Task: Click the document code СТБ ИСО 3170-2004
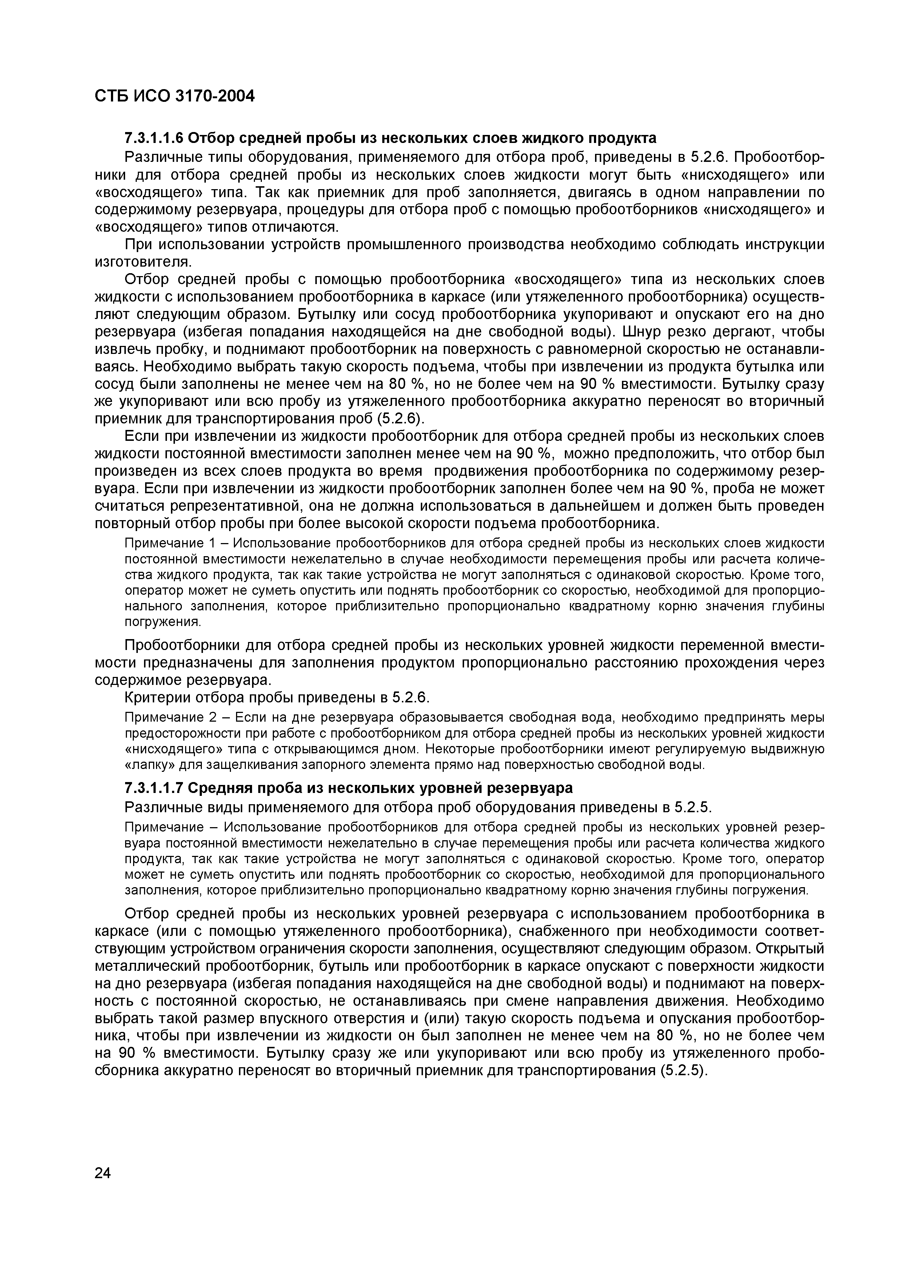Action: [x=175, y=96]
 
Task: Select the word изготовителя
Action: [x=143, y=262]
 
